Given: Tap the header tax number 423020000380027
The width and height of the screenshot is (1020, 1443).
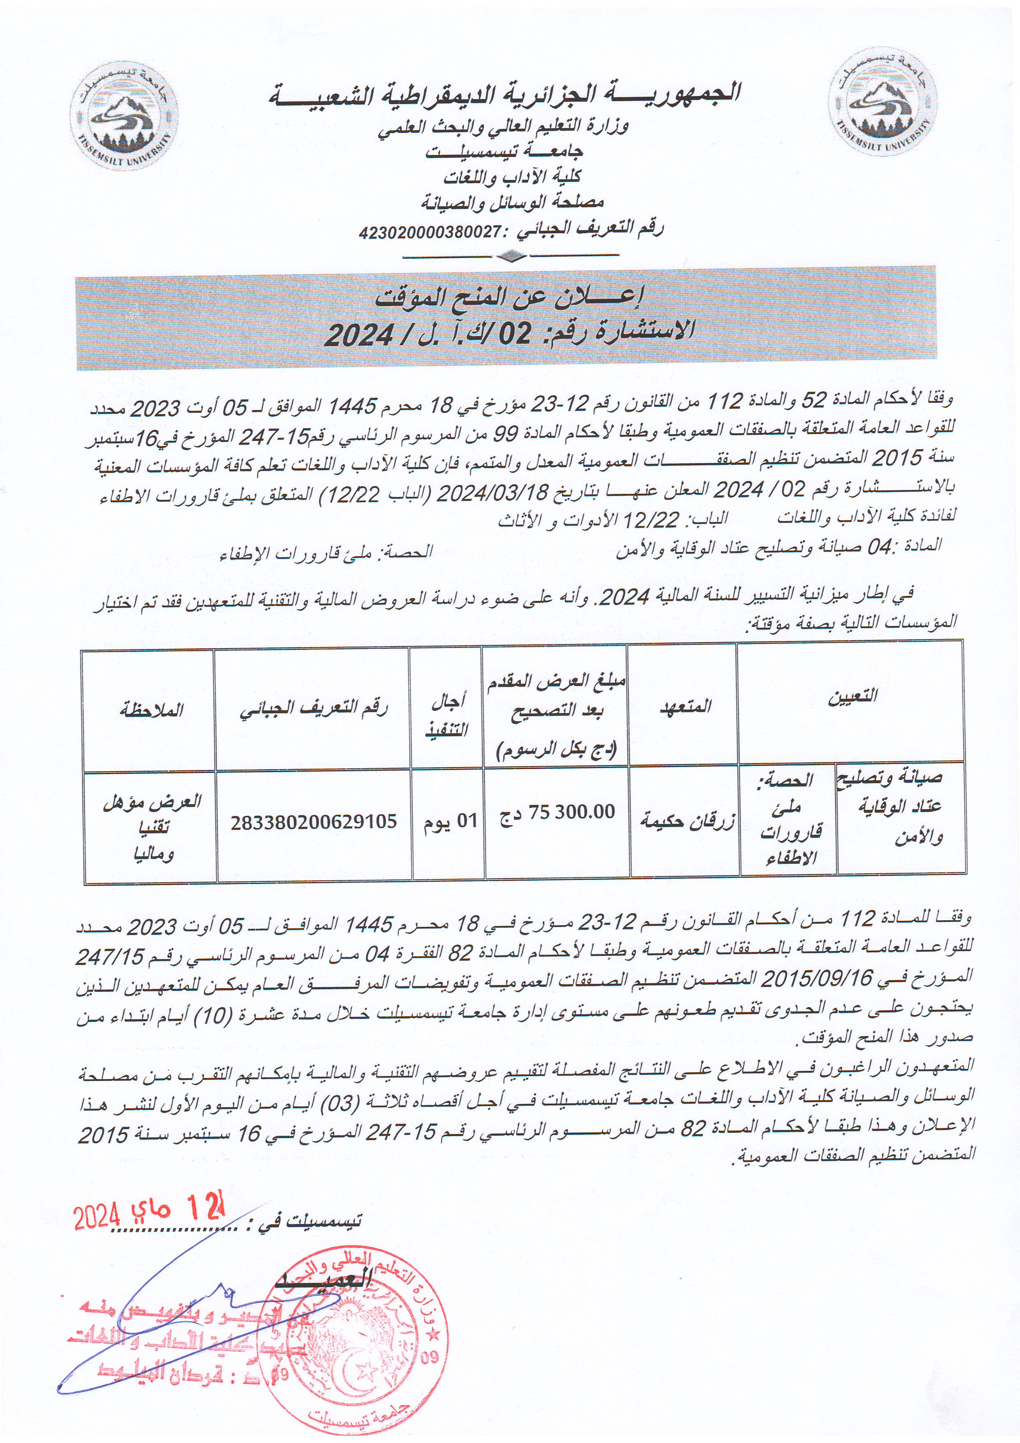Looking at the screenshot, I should point(438,232).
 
